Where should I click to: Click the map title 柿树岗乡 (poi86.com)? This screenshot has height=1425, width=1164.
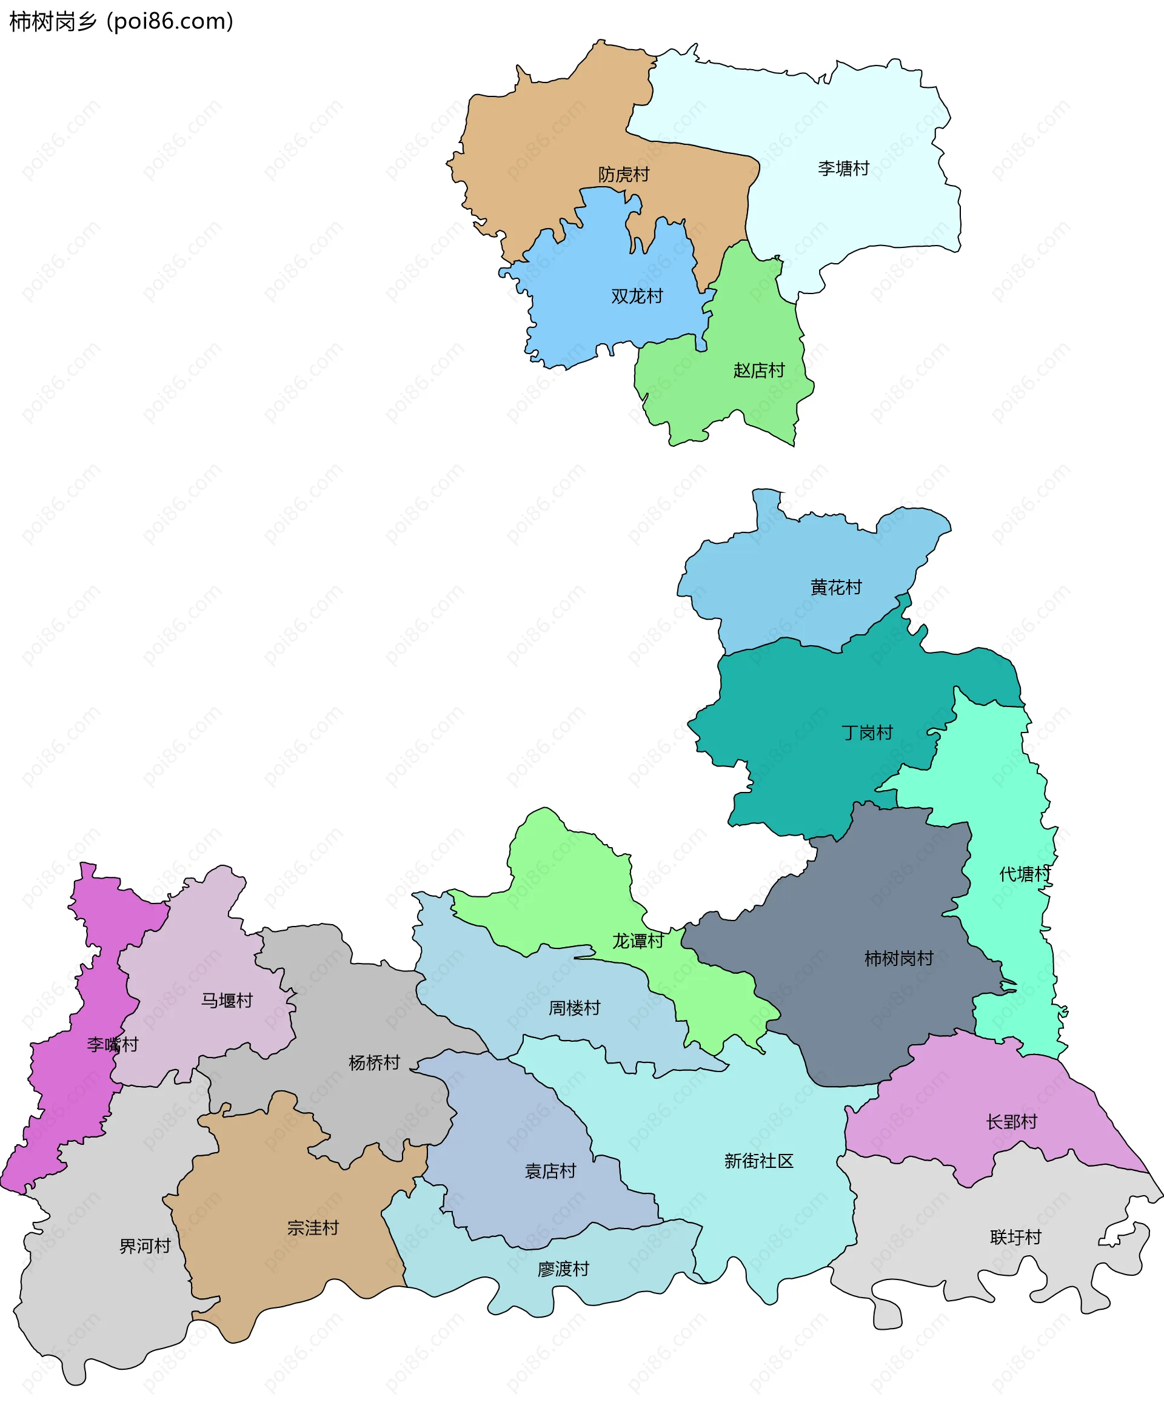click(x=121, y=21)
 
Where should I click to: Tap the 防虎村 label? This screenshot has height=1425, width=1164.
click(x=624, y=175)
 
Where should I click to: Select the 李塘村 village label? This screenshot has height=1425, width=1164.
click(x=843, y=169)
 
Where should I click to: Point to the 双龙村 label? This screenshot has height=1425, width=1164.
click(x=637, y=297)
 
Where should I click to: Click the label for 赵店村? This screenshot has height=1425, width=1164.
click(x=758, y=370)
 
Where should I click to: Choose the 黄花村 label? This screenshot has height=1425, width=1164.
click(x=835, y=588)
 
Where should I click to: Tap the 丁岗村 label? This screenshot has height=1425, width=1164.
click(x=867, y=733)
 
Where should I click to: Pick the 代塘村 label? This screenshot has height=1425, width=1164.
click(x=1024, y=874)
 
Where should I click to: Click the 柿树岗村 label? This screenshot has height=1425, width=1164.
click(x=898, y=958)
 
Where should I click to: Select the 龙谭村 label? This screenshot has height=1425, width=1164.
click(x=637, y=941)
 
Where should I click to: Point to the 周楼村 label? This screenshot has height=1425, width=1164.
click(x=574, y=1008)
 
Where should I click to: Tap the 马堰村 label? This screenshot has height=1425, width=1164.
click(x=227, y=1001)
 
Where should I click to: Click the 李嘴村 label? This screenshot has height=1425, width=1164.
click(x=112, y=1044)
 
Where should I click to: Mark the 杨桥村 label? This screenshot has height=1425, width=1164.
click(x=373, y=1062)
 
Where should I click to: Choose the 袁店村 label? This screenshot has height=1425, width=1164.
click(x=550, y=1171)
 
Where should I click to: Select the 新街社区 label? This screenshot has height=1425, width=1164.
click(x=758, y=1161)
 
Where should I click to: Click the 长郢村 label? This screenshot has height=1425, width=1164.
click(x=1011, y=1122)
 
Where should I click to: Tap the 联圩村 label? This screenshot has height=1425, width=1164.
click(x=1015, y=1237)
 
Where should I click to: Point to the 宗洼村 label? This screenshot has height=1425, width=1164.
click(x=312, y=1228)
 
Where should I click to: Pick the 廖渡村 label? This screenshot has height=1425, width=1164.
click(x=563, y=1269)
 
